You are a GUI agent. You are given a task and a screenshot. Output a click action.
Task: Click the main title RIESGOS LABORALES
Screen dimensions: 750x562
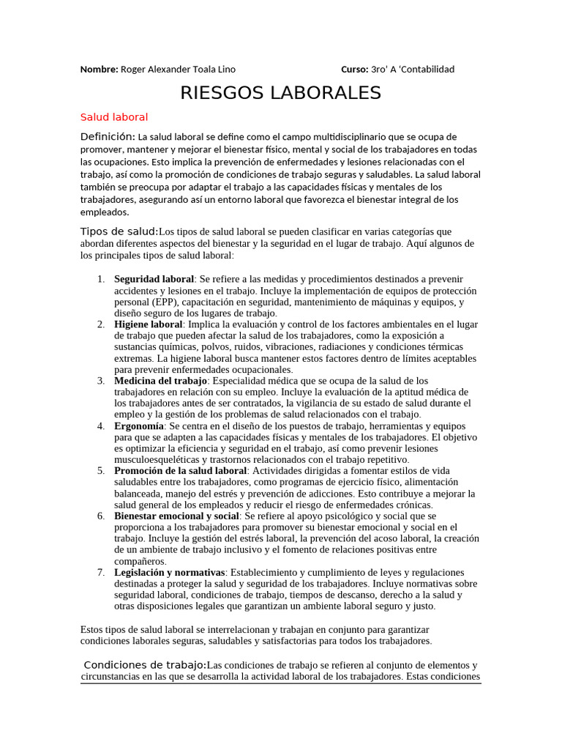(281, 93)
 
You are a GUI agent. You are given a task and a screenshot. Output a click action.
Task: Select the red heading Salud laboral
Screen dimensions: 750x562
(114, 117)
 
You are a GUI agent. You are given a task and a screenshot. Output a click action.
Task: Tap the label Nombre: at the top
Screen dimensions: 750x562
(99, 70)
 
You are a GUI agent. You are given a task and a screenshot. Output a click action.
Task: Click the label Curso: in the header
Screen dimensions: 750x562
(355, 70)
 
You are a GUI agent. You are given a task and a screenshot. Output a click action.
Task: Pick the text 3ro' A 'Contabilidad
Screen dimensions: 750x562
(413, 70)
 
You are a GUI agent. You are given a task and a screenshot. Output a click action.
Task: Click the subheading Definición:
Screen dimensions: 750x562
(108, 137)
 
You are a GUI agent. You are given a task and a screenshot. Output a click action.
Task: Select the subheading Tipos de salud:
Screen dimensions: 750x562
(119, 232)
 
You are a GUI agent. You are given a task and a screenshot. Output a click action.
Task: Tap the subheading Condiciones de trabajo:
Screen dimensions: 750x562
(145, 665)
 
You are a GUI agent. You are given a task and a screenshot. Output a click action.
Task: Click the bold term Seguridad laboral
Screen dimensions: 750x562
(154, 279)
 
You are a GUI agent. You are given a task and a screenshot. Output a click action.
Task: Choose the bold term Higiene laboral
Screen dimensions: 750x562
(148, 324)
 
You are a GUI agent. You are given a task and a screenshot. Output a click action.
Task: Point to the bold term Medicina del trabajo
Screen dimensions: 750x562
(161, 381)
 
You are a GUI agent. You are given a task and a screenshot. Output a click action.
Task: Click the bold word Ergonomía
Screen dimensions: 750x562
(138, 426)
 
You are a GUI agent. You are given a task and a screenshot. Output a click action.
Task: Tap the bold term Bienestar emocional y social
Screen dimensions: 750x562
(176, 516)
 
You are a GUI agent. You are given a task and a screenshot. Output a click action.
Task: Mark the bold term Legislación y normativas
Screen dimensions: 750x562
(169, 572)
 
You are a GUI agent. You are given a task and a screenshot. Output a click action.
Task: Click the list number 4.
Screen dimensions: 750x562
(100, 426)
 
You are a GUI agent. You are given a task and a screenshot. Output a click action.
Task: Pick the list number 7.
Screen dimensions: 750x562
(100, 572)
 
